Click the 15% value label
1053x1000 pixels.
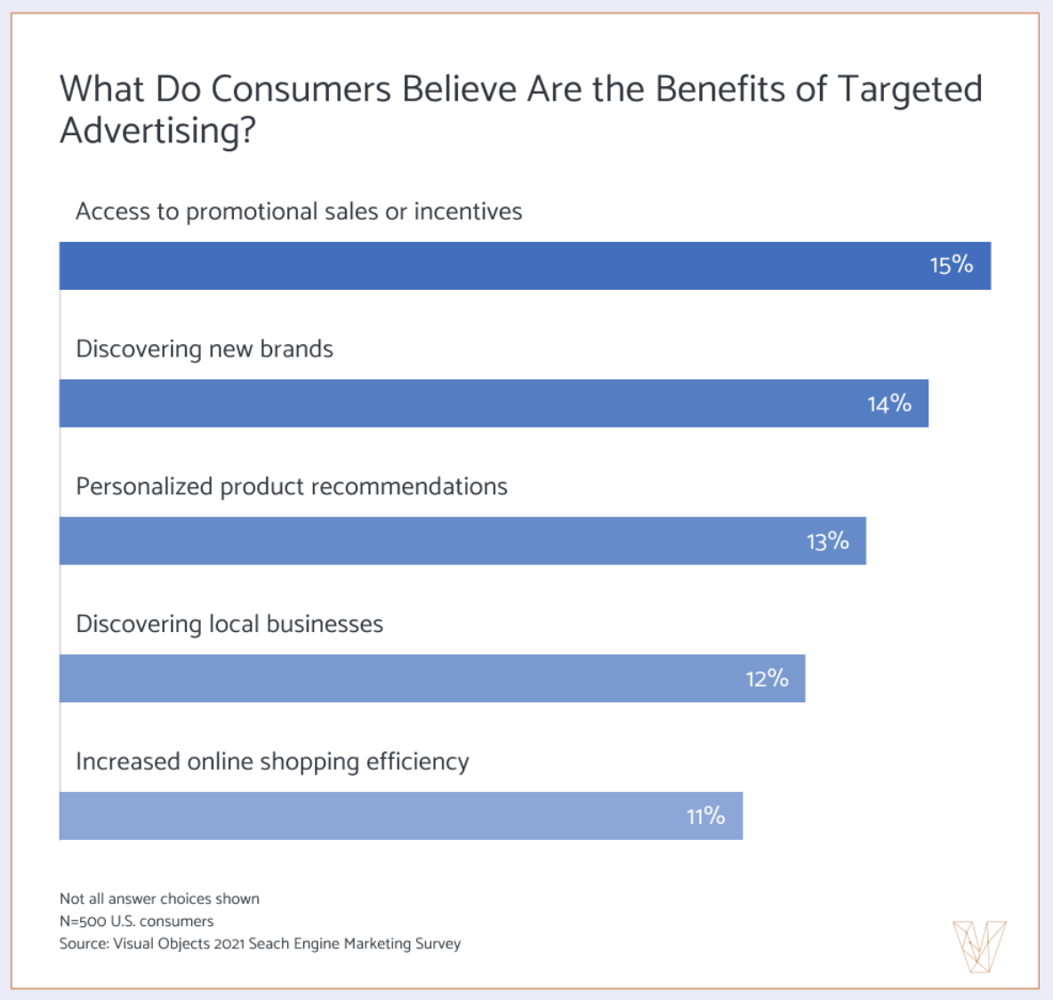[x=951, y=265]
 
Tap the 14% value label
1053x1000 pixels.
[x=889, y=404]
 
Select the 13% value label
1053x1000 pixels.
[x=827, y=541]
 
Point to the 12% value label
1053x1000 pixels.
[x=767, y=679]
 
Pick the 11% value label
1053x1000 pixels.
[x=705, y=816]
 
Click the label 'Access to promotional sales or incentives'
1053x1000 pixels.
[x=299, y=212]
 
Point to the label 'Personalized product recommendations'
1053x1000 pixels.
[x=292, y=487]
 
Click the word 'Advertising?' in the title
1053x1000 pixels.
[x=157, y=131]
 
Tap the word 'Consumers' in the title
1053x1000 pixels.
[x=301, y=90]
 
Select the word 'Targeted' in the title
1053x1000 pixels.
[x=910, y=90]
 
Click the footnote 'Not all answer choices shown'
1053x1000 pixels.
[x=159, y=899]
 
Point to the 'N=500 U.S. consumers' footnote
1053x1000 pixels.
[x=136, y=921]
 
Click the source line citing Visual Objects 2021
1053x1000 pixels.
[x=260, y=943]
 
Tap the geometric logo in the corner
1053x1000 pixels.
[x=978, y=946]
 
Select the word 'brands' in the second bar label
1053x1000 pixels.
[x=296, y=349]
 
